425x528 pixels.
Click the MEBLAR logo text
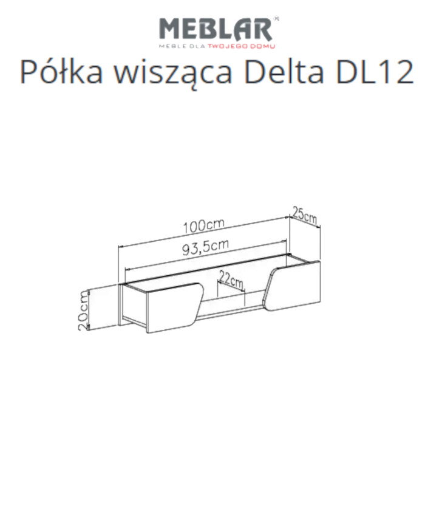pyautogui.click(x=215, y=29)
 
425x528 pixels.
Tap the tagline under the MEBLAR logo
pyautogui.click(x=217, y=46)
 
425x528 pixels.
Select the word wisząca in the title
pyautogui.click(x=168, y=73)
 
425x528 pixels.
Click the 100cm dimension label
pyautogui.click(x=203, y=225)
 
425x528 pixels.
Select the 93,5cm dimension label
pyautogui.click(x=205, y=247)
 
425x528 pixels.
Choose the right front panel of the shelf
pyautogui.click(x=293, y=286)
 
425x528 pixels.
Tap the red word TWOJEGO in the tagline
pyautogui.click(x=226, y=46)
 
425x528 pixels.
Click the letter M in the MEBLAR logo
pyautogui.click(x=171, y=29)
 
